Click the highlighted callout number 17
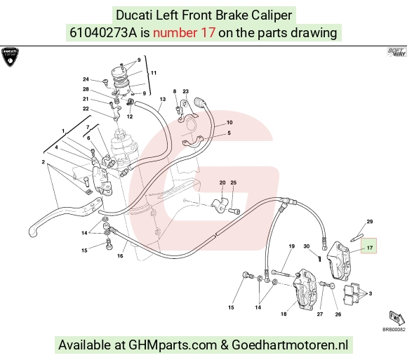(x=370, y=248)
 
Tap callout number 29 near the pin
(x=370, y=221)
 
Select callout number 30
(x=307, y=246)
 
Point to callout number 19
(x=291, y=246)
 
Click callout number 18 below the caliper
(x=283, y=314)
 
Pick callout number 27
(x=320, y=314)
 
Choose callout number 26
(x=338, y=314)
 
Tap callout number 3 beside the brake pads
(x=371, y=293)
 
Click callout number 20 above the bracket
(x=222, y=182)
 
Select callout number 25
(x=234, y=182)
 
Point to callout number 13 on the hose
(x=163, y=99)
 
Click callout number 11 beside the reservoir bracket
(x=154, y=73)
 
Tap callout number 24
(x=86, y=79)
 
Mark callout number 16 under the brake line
(x=120, y=255)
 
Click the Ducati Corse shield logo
(x=10, y=57)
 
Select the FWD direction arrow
(x=397, y=318)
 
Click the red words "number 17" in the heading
(x=184, y=33)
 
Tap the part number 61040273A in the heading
(x=103, y=33)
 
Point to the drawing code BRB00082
(x=394, y=329)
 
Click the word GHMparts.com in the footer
(x=173, y=345)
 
